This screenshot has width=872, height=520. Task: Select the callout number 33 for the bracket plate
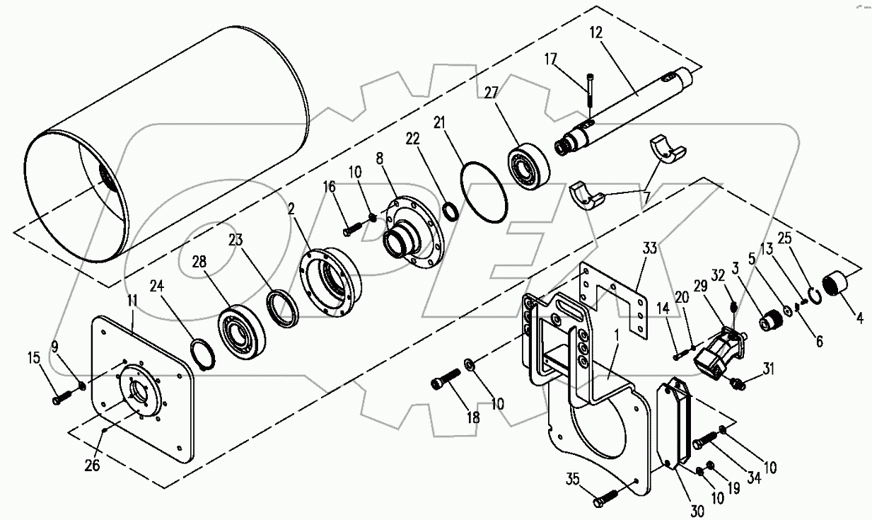click(650, 249)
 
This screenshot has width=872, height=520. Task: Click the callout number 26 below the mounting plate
click(93, 465)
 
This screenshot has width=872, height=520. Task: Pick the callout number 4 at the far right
click(860, 318)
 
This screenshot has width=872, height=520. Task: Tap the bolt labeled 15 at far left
click(60, 400)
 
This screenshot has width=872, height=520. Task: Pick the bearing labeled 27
click(527, 165)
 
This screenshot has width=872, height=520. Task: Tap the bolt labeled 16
click(352, 229)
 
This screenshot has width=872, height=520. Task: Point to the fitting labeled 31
click(738, 383)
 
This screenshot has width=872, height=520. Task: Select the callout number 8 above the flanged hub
click(380, 158)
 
